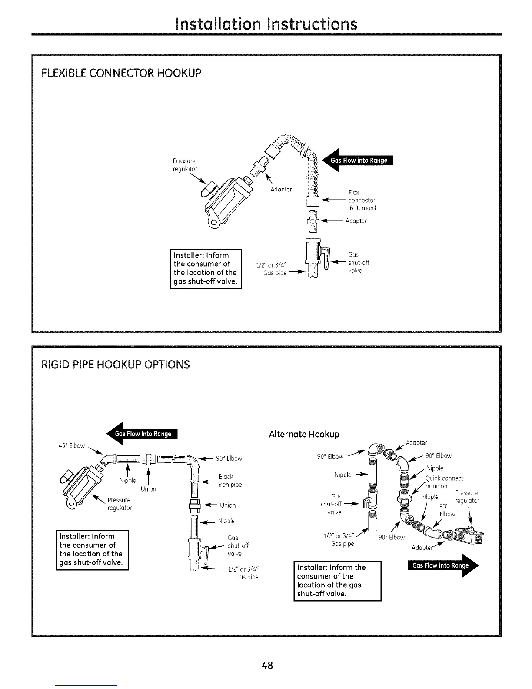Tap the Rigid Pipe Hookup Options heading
[x=115, y=364]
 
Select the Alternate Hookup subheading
[x=304, y=434]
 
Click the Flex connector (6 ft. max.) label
[x=362, y=200]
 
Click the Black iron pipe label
[x=230, y=481]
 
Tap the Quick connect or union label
[x=443, y=482]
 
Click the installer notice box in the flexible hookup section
[x=205, y=268]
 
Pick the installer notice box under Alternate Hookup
[x=337, y=581]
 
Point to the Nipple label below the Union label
[x=226, y=521]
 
